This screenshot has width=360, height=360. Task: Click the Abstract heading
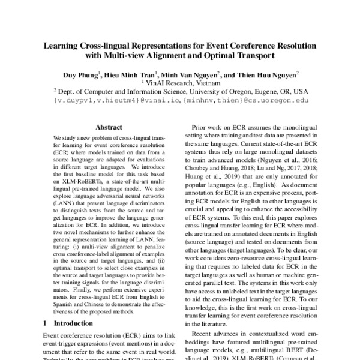[x=109, y=127]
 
